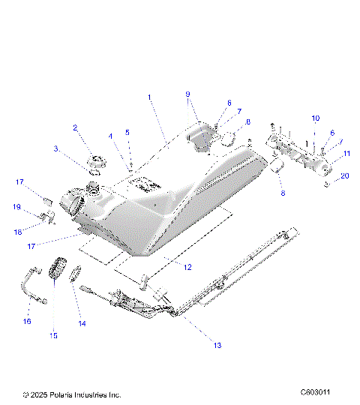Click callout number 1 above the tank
(x=149, y=97)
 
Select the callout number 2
(x=75, y=128)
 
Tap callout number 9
(x=188, y=94)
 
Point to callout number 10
(x=315, y=118)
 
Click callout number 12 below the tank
(x=187, y=267)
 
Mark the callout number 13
(x=217, y=346)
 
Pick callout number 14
(x=82, y=324)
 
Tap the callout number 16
(x=27, y=321)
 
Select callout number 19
(x=16, y=206)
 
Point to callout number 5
(x=127, y=133)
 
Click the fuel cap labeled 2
(x=96, y=161)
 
